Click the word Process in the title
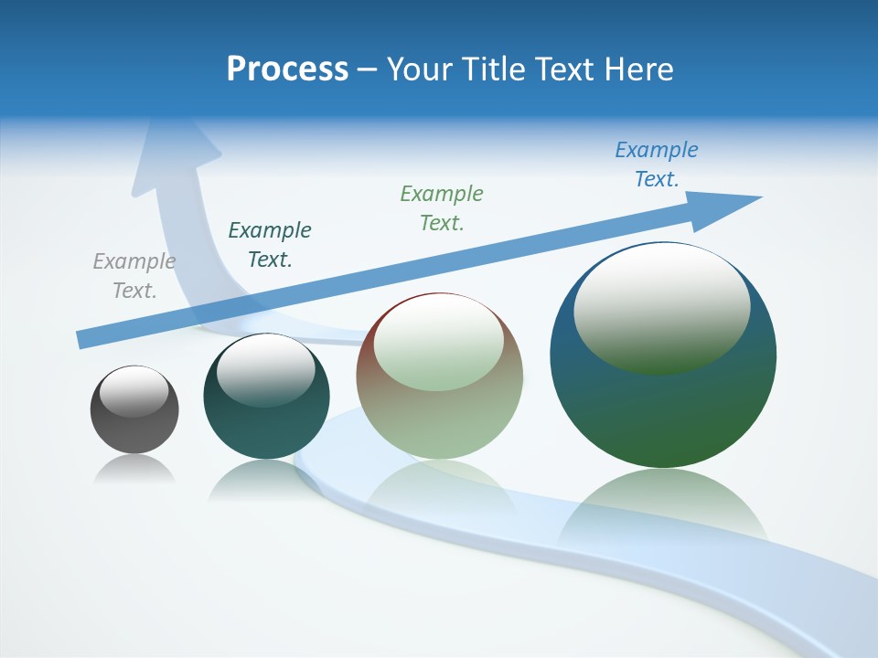[287, 69]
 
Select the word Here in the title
[640, 69]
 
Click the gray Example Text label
[134, 275]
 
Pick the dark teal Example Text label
[270, 244]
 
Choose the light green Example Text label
[442, 207]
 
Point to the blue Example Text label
[656, 164]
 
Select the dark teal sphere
[266, 420]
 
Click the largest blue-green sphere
[663, 402]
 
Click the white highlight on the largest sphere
[661, 306]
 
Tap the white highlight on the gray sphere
[134, 391]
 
